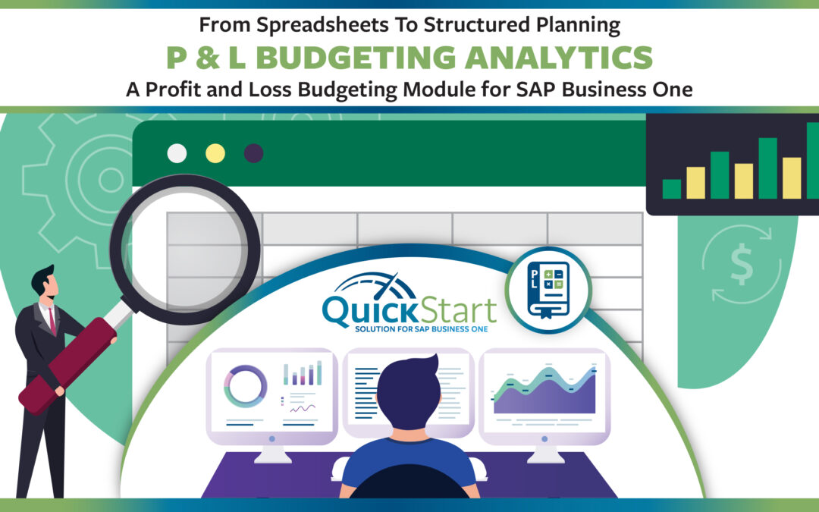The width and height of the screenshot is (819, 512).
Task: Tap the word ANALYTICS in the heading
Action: [559, 58]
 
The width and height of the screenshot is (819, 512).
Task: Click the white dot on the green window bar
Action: [177, 153]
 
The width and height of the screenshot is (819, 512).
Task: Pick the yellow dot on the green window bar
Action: [215, 153]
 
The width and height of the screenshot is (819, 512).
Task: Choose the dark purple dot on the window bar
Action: [254, 153]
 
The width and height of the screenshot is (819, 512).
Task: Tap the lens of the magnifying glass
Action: [185, 249]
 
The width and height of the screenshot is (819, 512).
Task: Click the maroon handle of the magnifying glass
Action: [67, 365]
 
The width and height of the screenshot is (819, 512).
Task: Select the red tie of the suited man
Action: [52, 322]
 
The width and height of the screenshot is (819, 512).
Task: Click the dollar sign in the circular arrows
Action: [742, 265]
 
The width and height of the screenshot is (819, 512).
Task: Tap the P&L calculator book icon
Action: [548, 290]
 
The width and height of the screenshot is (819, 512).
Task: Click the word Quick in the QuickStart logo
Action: [370, 310]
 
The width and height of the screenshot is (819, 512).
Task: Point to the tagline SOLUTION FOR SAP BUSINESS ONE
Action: [421, 329]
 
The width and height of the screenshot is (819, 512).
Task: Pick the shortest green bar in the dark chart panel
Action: [672, 189]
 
